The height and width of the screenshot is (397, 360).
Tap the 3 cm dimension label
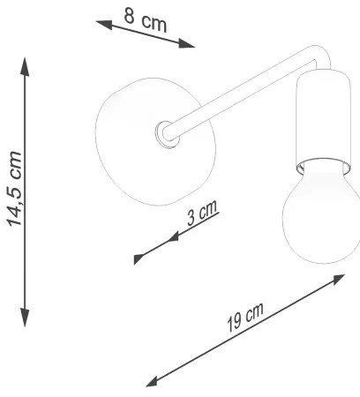[204, 213]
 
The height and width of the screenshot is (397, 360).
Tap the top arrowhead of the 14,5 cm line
[26, 65]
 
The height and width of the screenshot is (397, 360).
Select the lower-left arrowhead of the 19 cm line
[151, 381]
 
